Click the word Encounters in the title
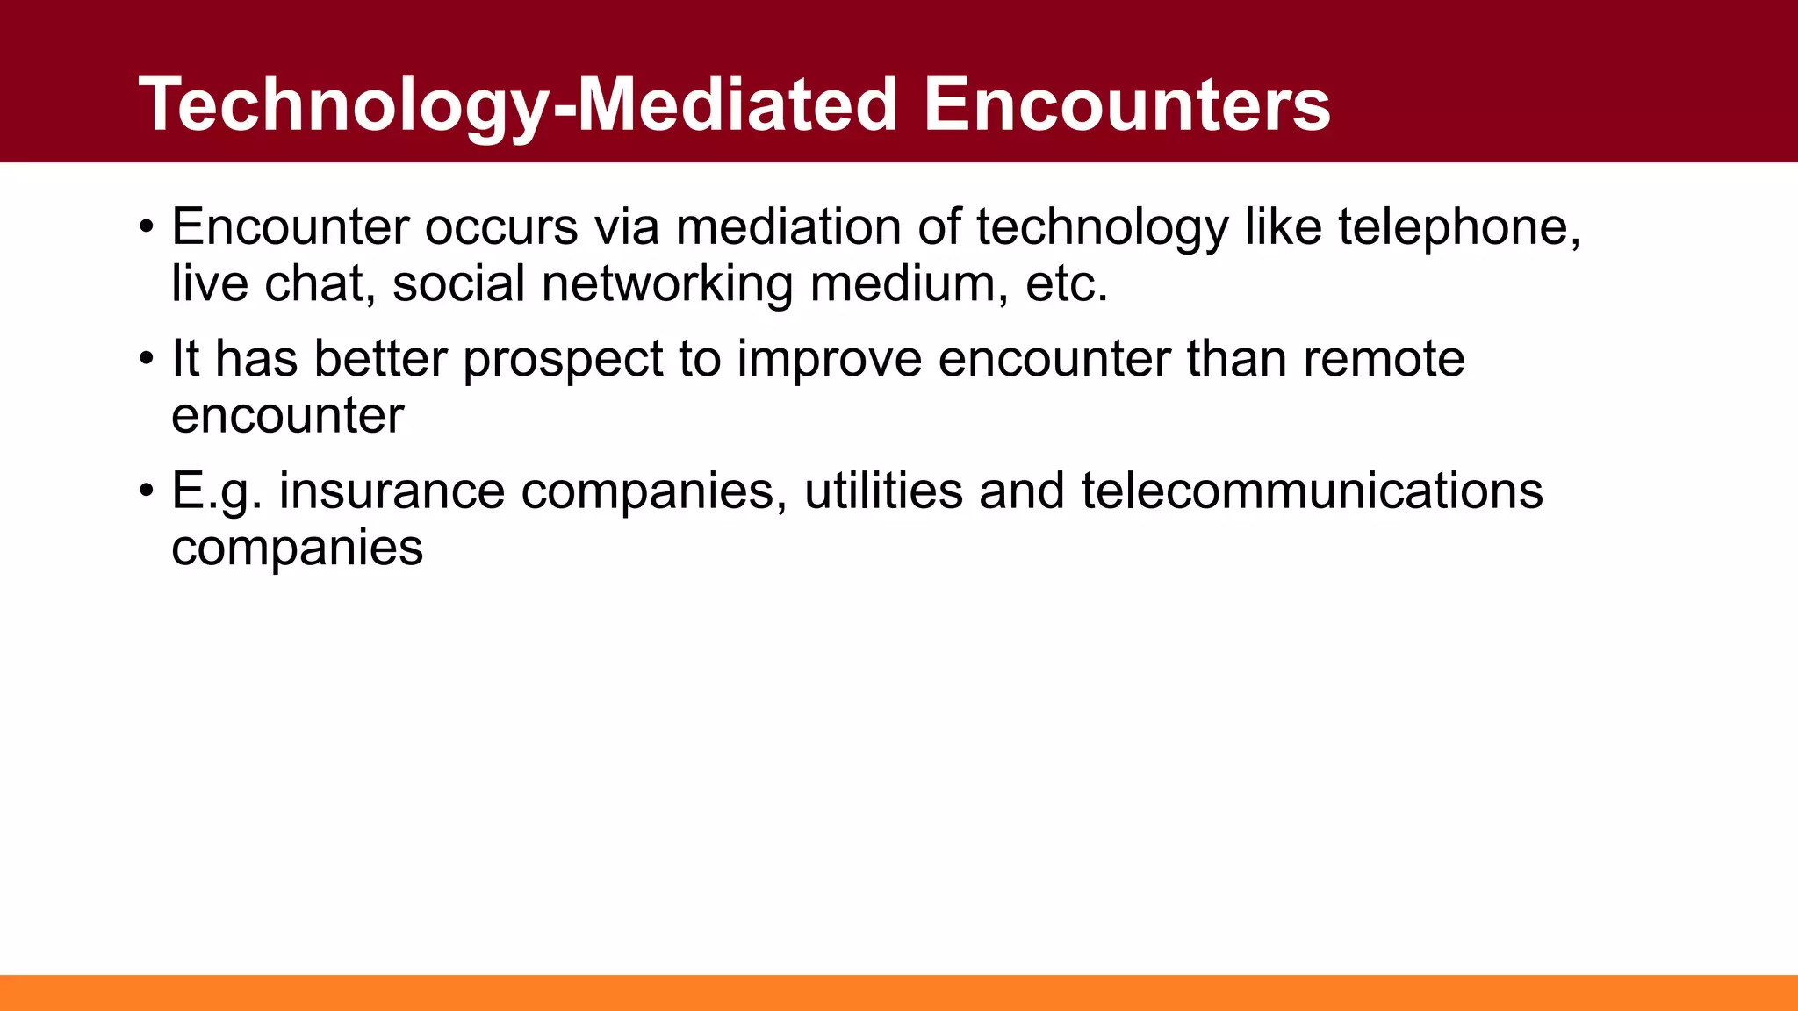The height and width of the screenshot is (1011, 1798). click(1126, 104)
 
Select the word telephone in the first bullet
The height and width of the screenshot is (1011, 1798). click(1458, 227)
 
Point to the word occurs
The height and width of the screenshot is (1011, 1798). click(501, 227)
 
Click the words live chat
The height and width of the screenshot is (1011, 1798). click(268, 284)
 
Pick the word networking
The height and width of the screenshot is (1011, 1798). click(666, 284)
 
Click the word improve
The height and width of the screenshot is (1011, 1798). click(829, 360)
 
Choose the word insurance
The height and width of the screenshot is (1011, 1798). click(392, 491)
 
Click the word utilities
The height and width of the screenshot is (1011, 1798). click(883, 491)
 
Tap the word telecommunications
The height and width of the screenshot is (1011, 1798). click(1312, 491)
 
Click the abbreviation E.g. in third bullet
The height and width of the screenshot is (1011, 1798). click(216, 491)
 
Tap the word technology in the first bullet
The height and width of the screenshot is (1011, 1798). click(1102, 227)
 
